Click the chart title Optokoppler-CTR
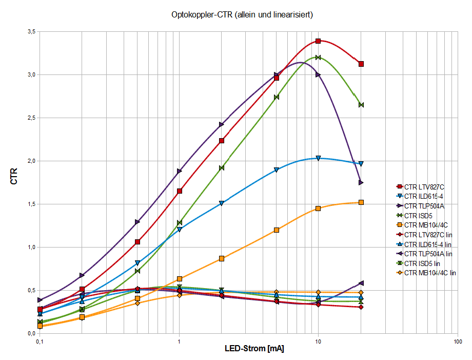(242, 15)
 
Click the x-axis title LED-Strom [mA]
(254, 349)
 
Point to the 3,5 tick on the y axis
(31, 32)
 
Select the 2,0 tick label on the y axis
(31, 161)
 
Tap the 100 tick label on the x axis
(457, 342)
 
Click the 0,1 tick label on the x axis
(39, 342)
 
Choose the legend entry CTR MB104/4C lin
(430, 273)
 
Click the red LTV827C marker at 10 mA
(318, 41)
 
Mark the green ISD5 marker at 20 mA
(361, 105)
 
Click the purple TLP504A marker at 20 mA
(361, 182)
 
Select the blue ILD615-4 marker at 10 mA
(318, 158)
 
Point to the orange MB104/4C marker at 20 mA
(361, 202)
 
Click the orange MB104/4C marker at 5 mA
(277, 230)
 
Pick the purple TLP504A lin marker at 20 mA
(361, 283)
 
